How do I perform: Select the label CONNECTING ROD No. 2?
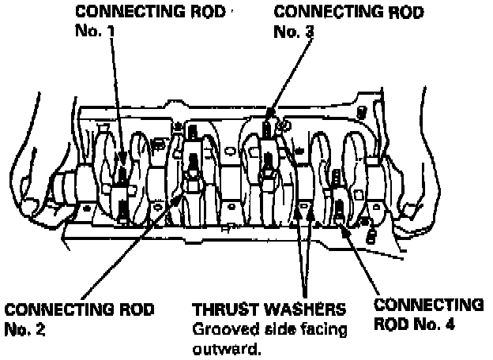pyautogui.click(x=79, y=316)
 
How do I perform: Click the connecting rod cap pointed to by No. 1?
pyautogui.click(x=122, y=193)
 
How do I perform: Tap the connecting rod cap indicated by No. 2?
pyautogui.click(x=192, y=186)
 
